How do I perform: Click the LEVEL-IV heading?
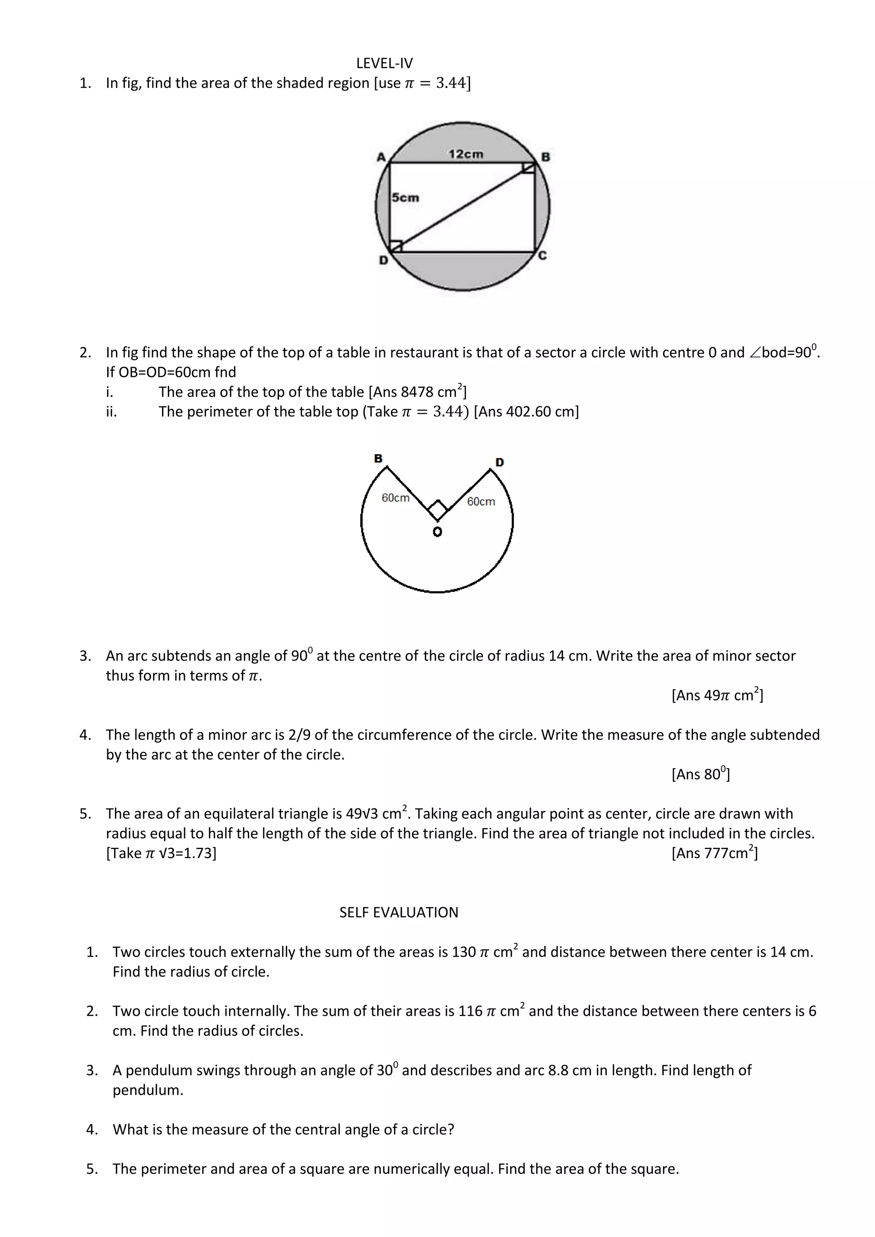(384, 63)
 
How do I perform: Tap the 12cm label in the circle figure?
(466, 154)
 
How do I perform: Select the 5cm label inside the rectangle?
(405, 198)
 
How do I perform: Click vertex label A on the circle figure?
(382, 157)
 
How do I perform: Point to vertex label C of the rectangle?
(543, 256)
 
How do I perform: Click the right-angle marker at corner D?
(396, 246)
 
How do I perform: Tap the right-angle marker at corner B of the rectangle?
(528, 169)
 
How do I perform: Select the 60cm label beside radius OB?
(396, 498)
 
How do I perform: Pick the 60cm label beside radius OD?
(481, 502)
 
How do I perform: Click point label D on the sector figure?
(499, 462)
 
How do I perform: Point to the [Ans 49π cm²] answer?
(716, 695)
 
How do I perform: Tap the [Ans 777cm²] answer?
(714, 853)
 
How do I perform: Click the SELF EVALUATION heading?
(399, 912)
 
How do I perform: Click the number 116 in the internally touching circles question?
(470, 1011)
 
